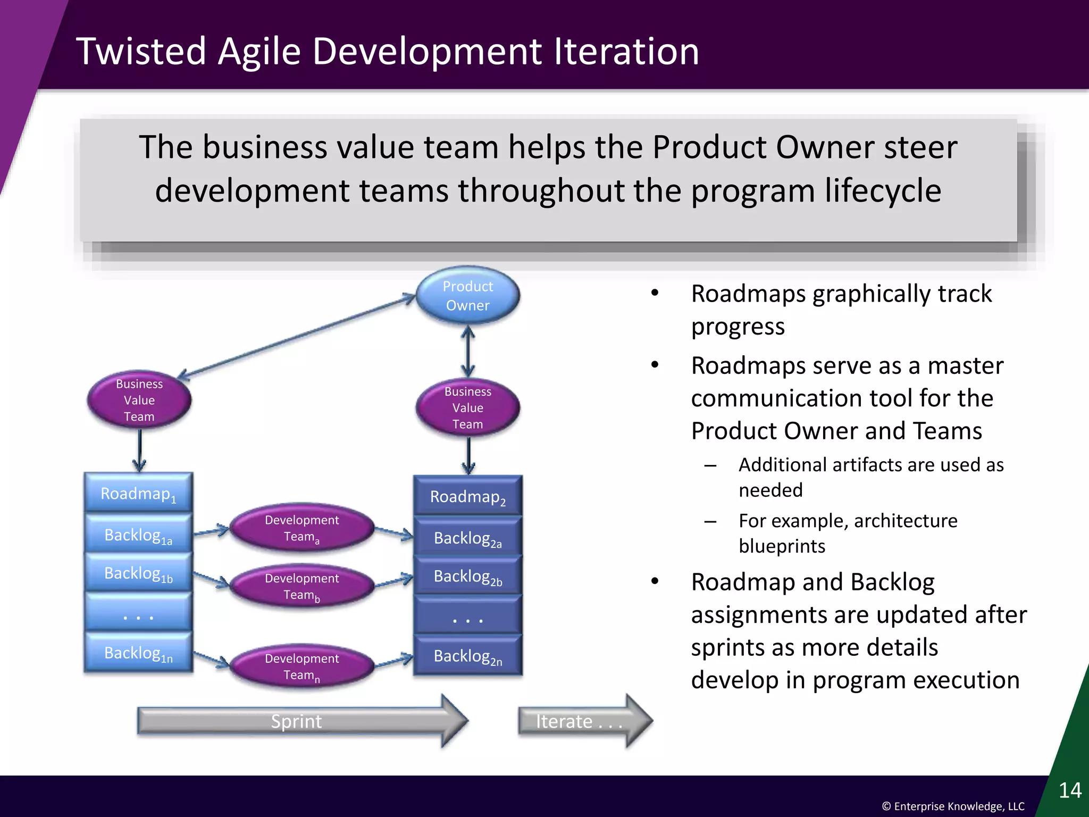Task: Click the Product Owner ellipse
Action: pyautogui.click(x=467, y=296)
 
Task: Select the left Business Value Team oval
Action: pyautogui.click(x=139, y=400)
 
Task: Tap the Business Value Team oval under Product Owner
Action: pyautogui.click(x=467, y=408)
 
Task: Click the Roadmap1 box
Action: pyautogui.click(x=138, y=493)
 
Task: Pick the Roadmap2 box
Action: pyautogui.click(x=467, y=496)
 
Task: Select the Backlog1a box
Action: pyautogui.click(x=138, y=535)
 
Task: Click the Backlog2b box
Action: pyautogui.click(x=467, y=576)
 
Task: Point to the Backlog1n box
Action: pyautogui.click(x=138, y=653)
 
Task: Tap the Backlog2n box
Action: pyautogui.click(x=467, y=656)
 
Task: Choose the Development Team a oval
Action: pyautogui.click(x=301, y=528)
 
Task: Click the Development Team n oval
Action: pyautogui.click(x=301, y=666)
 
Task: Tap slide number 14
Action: pyautogui.click(x=1070, y=790)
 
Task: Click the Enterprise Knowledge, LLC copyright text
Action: pyautogui.click(x=953, y=806)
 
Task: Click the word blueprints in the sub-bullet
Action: pyautogui.click(x=782, y=546)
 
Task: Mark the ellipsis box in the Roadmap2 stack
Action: pyautogui.click(x=467, y=617)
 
